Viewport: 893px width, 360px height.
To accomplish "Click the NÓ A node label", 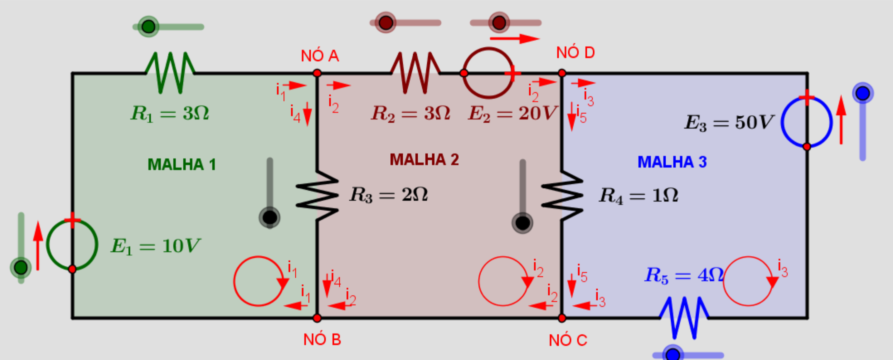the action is pyautogui.click(x=320, y=56).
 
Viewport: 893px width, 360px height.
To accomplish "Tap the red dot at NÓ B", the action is pyautogui.click(x=317, y=318).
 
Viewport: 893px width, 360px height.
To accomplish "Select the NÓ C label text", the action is pyautogui.click(x=568, y=340).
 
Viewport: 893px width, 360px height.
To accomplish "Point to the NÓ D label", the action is pyautogui.click(x=575, y=53).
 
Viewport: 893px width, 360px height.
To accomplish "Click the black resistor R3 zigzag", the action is pyautogui.click(x=317, y=195).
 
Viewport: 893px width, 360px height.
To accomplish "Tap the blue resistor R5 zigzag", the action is pyautogui.click(x=684, y=318).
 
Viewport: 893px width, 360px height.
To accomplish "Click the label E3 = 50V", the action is pyautogui.click(x=729, y=122).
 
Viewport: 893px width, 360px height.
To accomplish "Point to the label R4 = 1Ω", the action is pyautogui.click(x=639, y=195).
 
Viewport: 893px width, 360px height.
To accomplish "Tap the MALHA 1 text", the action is pyautogui.click(x=182, y=165).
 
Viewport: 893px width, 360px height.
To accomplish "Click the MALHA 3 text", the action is pyautogui.click(x=672, y=162).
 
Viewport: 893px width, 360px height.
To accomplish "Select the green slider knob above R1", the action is pyautogui.click(x=148, y=27).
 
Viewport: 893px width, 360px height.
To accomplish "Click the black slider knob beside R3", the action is pyautogui.click(x=270, y=217).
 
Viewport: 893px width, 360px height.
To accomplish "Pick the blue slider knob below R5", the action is pyautogui.click(x=672, y=354).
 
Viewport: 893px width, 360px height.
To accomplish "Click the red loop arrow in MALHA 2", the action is pyautogui.click(x=479, y=282).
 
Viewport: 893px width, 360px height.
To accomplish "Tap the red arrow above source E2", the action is pyautogui.click(x=515, y=39).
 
